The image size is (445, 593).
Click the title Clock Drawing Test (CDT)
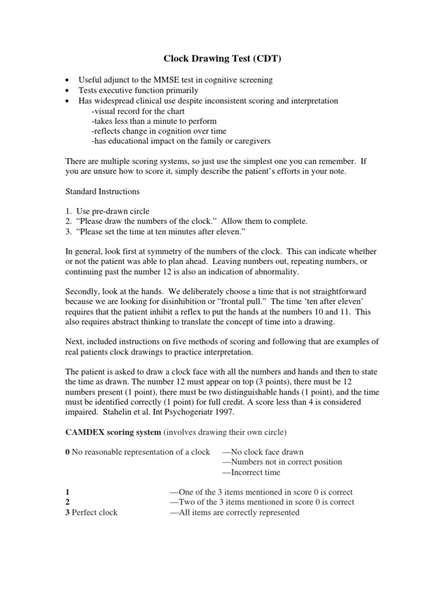tap(222, 59)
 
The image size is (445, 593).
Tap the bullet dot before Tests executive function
tap(68, 91)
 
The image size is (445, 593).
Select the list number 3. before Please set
tap(68, 232)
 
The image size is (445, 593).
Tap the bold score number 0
tap(67, 452)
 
